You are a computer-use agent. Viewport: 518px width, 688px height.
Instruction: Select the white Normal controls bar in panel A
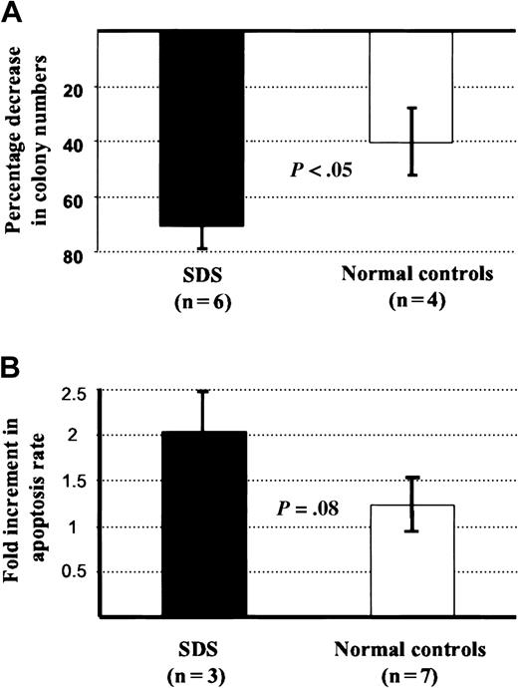tap(410, 87)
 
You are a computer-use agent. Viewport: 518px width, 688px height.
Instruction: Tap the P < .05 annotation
tap(321, 171)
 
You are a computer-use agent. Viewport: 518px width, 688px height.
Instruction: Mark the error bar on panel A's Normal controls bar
tap(411, 141)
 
